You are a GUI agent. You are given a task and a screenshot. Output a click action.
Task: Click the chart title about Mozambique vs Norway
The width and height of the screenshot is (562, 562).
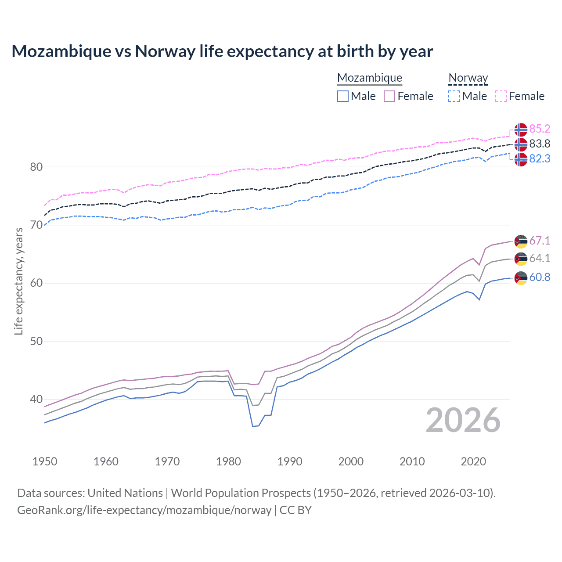coord(222,51)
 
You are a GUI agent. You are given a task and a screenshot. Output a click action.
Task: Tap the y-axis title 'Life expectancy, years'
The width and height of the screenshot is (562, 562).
coord(18,281)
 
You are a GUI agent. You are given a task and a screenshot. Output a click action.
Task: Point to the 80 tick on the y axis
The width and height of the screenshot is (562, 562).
coord(36,167)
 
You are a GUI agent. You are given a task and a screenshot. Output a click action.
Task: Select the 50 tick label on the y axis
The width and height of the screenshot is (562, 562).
coord(36,341)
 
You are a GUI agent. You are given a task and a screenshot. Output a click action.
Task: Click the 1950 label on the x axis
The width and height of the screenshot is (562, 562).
coord(45,461)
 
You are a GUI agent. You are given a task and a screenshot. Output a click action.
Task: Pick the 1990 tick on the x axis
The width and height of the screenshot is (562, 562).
coord(290,461)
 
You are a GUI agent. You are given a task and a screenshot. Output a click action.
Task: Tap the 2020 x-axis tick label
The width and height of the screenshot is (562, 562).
coord(473,461)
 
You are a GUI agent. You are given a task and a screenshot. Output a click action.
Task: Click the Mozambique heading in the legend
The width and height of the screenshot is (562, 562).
coord(370,78)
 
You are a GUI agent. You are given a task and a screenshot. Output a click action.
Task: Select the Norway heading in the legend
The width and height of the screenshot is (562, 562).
coord(468,78)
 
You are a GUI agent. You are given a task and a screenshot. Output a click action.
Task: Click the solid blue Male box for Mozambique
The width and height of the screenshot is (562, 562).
coord(343,96)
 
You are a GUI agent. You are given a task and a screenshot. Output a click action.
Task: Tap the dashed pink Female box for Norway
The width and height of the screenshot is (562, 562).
coord(501,96)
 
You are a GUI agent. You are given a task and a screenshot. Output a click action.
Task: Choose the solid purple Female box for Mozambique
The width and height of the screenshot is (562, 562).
coord(389,96)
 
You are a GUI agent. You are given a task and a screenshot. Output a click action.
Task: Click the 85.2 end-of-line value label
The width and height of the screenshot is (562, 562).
coord(540,129)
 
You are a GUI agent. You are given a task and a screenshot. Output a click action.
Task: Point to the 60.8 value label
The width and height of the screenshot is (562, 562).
coord(540,277)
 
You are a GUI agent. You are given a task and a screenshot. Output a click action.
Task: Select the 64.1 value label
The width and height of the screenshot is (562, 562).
coord(540,258)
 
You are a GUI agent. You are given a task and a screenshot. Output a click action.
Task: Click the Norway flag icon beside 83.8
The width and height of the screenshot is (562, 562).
coord(521,144)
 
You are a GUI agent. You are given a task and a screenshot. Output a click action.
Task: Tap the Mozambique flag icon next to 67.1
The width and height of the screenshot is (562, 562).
coord(521,241)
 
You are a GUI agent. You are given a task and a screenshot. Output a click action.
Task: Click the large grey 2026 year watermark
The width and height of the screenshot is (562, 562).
coord(463,421)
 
